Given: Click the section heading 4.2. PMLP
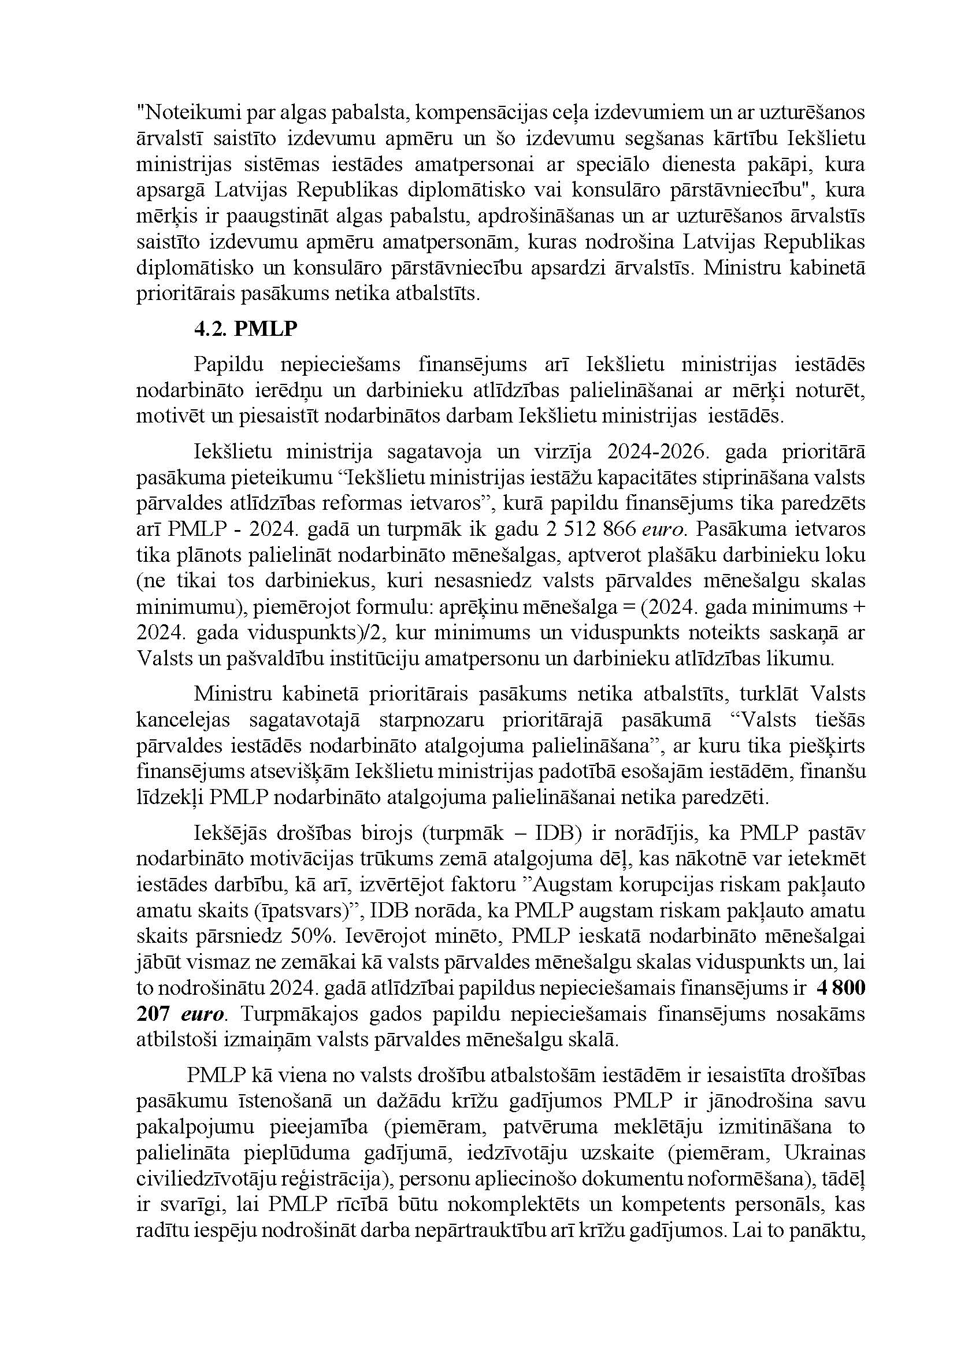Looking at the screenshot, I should tap(246, 329).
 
